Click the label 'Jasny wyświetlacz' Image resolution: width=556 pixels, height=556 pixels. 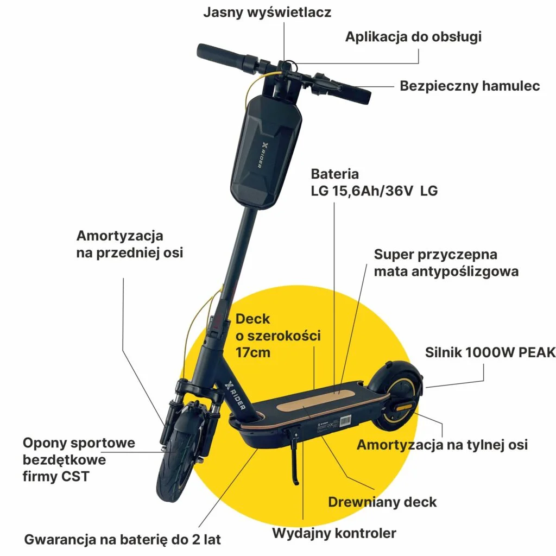coord(267,12)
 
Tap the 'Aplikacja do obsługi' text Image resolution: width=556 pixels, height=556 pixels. coord(413,36)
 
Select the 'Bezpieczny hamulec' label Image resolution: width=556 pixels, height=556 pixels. coord(470,86)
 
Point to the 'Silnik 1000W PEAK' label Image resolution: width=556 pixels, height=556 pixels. coord(490,352)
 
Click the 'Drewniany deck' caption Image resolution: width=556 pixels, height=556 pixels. coord(382,502)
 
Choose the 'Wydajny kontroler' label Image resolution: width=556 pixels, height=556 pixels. coord(334,533)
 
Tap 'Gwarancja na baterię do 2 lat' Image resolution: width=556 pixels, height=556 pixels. coord(122,539)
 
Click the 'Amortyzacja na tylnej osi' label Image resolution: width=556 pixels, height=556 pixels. coord(442,445)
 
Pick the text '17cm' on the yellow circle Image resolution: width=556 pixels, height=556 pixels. coord(253,352)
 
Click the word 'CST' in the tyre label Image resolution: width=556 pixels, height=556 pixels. coord(75,476)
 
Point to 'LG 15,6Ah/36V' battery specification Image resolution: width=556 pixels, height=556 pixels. coord(362,191)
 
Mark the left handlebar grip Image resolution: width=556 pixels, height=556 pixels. coord(220,55)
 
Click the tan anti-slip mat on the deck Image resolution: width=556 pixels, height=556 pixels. coord(317,400)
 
